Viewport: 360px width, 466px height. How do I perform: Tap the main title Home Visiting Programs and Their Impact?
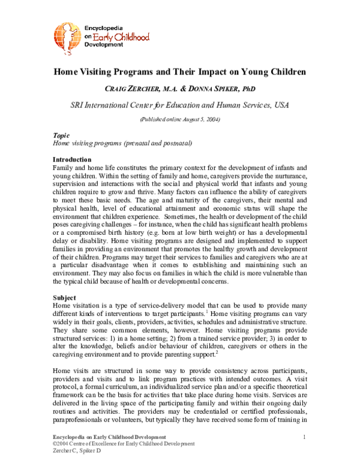point(180,72)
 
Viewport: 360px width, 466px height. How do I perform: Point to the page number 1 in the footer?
point(305,436)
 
